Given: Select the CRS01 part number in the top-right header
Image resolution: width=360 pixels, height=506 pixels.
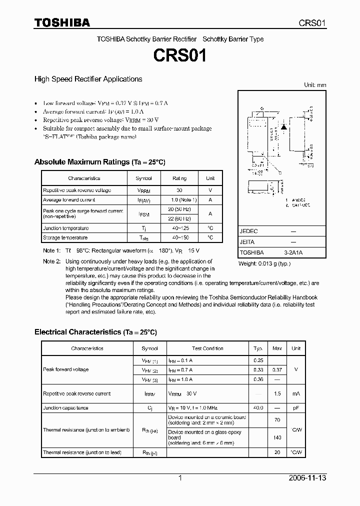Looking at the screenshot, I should coord(312,23).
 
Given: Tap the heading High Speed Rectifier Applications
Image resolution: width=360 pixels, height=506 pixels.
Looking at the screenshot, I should coord(88,79).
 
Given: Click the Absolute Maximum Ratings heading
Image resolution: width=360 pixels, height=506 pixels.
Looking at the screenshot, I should coord(99,162).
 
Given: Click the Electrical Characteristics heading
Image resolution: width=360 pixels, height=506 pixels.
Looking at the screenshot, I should coord(95,332).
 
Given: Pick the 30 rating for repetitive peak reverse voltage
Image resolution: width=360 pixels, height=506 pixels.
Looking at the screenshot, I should coord(179,190).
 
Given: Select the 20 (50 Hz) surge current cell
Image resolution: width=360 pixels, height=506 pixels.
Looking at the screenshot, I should coord(179,209).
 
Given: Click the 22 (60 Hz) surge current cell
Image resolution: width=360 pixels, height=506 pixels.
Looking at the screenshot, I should coord(179,218).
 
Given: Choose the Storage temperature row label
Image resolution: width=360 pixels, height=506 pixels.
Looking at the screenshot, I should coord(65,237).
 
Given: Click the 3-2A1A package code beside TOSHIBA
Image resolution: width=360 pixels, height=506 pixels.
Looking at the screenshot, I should coord(293,252).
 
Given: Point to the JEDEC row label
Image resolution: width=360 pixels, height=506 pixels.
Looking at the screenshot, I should coord(248,231).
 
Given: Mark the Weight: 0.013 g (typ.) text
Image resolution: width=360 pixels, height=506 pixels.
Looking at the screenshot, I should coord(264,263).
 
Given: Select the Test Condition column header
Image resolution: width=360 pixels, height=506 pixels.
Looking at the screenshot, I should coord(207,348).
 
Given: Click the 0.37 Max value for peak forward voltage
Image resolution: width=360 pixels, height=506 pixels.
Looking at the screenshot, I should coord(277,369).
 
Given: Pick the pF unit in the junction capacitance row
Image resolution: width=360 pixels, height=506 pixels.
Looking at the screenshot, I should coord(296,408).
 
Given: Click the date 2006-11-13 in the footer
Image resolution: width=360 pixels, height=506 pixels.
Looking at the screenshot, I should coord(307,478).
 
